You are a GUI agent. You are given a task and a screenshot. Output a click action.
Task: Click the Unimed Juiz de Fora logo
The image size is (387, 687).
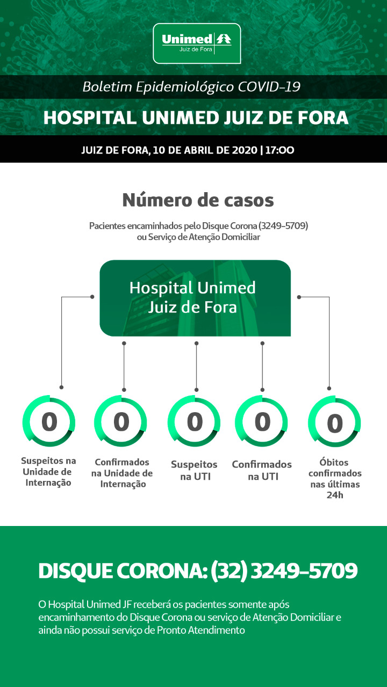click(x=197, y=43)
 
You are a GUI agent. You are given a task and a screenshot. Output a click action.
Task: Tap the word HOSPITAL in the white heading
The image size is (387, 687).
click(x=90, y=118)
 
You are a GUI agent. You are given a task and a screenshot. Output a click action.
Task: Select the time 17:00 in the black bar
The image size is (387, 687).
click(x=280, y=150)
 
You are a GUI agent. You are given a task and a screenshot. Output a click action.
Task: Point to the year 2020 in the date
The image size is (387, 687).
click(x=245, y=150)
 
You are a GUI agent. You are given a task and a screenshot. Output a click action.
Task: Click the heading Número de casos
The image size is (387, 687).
click(x=198, y=200)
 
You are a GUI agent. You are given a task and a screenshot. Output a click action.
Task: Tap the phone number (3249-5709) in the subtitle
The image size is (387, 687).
click(x=283, y=226)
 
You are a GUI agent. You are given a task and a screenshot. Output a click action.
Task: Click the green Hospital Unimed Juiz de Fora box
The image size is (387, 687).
click(x=195, y=298)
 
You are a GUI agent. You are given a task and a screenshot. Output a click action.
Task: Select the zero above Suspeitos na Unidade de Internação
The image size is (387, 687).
click(x=49, y=422)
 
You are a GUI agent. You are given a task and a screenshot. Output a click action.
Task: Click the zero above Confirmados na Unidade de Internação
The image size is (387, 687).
click(x=121, y=422)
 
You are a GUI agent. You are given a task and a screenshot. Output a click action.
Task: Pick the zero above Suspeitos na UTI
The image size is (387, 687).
click(x=195, y=422)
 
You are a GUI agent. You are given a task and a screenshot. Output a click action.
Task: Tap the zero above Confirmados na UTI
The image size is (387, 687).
click(x=262, y=422)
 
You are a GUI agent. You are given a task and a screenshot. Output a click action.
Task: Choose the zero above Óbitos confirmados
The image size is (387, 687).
click(x=335, y=423)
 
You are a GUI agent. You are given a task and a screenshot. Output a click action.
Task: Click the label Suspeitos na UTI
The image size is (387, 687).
click(x=195, y=471)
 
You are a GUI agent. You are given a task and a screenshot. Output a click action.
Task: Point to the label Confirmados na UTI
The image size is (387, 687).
click(x=262, y=471)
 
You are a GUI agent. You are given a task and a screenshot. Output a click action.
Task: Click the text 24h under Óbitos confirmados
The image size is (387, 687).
click(x=335, y=495)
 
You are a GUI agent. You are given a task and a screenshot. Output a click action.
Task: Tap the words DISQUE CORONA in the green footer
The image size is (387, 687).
click(x=123, y=571)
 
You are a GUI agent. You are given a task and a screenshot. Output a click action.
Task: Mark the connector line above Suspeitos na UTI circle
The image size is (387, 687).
click(x=197, y=367)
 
